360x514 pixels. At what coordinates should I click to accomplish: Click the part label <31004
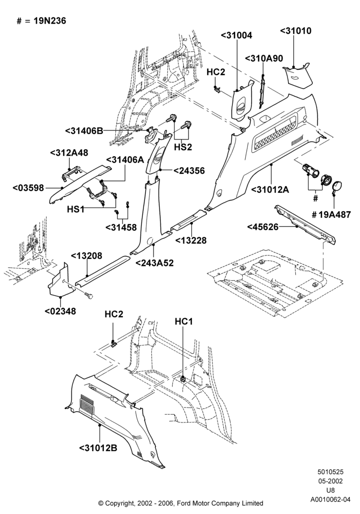(x=237, y=35)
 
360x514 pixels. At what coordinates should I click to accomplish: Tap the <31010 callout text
(x=296, y=31)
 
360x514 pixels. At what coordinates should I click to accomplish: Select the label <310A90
(x=264, y=59)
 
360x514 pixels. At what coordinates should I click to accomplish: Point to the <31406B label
(x=84, y=131)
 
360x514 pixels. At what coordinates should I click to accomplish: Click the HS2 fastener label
(x=183, y=147)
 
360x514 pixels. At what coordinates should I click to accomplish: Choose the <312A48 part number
(x=69, y=153)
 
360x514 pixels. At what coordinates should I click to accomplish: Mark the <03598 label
(x=28, y=188)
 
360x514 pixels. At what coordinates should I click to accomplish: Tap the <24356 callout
(x=189, y=171)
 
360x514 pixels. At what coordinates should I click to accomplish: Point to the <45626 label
(x=263, y=227)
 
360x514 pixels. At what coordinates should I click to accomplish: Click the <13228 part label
(x=191, y=240)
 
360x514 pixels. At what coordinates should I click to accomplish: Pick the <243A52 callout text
(x=154, y=263)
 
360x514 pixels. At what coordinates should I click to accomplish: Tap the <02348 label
(x=60, y=311)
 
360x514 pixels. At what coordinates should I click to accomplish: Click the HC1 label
(x=184, y=322)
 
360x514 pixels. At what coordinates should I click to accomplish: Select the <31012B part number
(x=98, y=448)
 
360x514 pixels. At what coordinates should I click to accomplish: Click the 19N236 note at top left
(x=49, y=21)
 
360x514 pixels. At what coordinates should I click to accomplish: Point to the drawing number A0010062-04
(x=331, y=500)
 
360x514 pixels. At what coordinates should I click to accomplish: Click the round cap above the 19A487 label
(x=337, y=186)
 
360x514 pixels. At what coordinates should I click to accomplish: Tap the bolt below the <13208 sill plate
(x=89, y=296)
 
